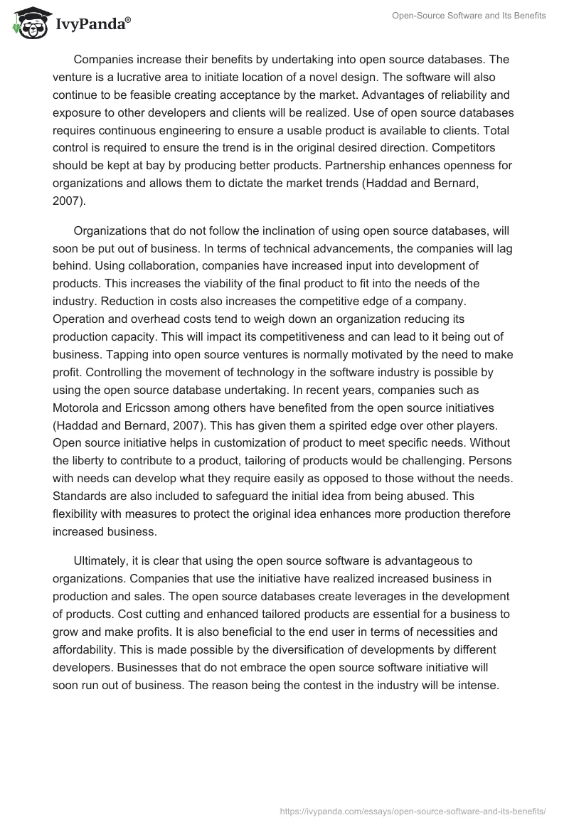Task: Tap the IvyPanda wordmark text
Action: click(x=92, y=26)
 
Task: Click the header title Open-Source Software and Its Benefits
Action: click(x=469, y=16)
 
